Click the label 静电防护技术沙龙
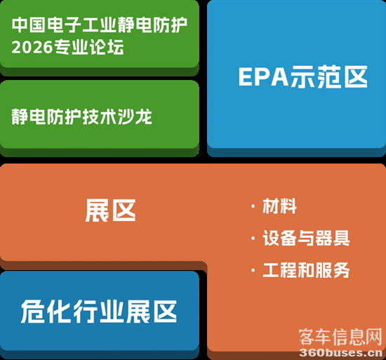point(82,116)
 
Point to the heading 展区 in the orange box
point(109,210)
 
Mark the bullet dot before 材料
point(253,206)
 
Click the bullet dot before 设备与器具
point(253,238)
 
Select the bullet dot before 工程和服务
point(253,270)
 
